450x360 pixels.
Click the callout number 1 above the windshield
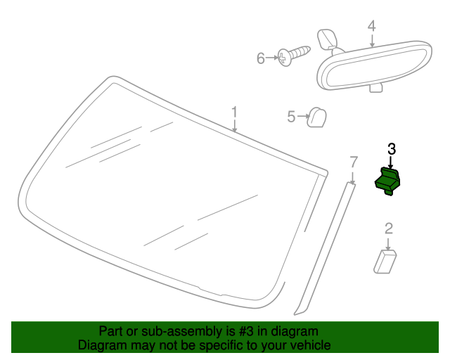point(234,112)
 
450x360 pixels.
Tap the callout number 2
point(389,229)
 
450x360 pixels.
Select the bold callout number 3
point(392,149)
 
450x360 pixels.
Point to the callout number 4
point(372,26)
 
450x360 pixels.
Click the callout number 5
point(291,117)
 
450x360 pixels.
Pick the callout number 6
point(261,58)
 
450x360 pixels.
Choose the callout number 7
point(354,162)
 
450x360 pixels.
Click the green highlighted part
point(387,181)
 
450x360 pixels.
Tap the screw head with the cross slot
point(284,58)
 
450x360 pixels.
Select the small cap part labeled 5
point(316,117)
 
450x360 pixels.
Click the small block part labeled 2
point(385,262)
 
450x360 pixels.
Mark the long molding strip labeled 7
point(325,249)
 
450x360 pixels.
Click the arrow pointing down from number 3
point(390,162)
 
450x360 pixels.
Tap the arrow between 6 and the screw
point(272,58)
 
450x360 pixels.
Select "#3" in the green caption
point(246,331)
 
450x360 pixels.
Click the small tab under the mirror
point(375,88)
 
